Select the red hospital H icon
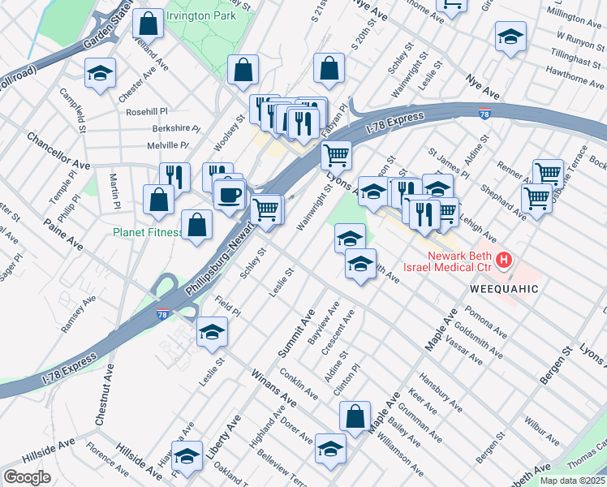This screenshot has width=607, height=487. pyautogui.click(x=505, y=261)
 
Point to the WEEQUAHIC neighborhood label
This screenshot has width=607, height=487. pyautogui.click(x=502, y=289)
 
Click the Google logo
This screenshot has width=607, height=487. pyautogui.click(x=27, y=477)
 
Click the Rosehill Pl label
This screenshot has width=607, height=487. pyautogui.click(x=145, y=111)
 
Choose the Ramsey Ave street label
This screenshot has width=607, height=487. pyautogui.click(x=77, y=311)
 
